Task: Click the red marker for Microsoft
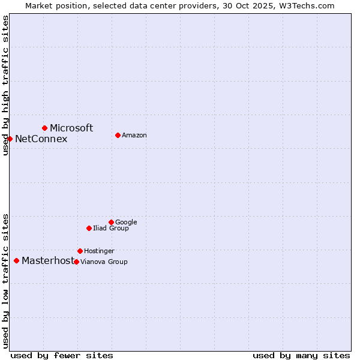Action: click(44, 128)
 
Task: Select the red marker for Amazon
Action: click(118, 135)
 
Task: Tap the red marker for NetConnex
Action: click(10, 139)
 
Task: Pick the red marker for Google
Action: click(111, 222)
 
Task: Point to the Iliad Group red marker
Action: click(89, 228)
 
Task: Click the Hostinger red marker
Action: click(80, 251)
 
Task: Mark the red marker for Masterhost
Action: click(16, 260)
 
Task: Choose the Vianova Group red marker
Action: click(76, 262)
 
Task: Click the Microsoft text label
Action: click(71, 128)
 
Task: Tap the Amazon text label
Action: click(134, 136)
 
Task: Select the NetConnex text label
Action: click(41, 139)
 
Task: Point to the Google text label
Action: click(126, 223)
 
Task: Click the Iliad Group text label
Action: click(111, 229)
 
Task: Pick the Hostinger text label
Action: click(99, 251)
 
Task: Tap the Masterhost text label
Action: click(48, 261)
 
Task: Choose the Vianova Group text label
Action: click(104, 262)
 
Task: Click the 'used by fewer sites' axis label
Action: click(62, 355)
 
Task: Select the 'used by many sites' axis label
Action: click(301, 355)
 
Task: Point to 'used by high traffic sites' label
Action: click(5, 85)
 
